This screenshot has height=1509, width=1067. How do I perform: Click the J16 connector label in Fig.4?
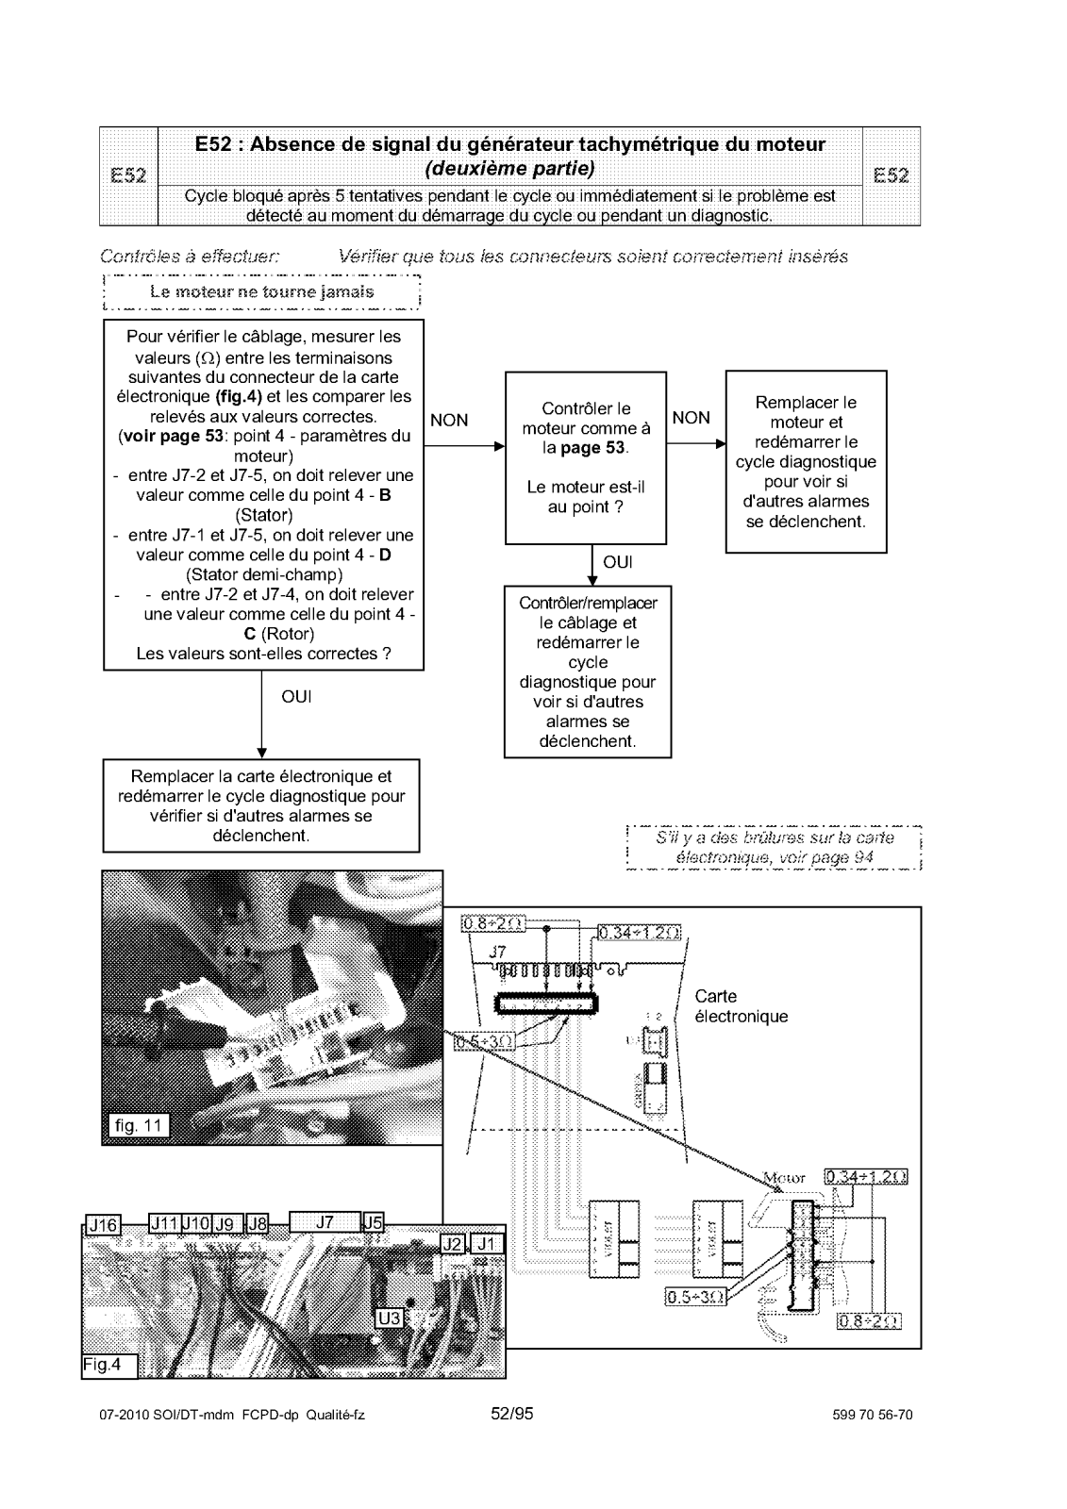[x=101, y=1225]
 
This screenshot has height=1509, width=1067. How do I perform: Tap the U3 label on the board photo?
[x=389, y=1317]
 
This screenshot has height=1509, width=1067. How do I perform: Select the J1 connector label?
[x=487, y=1244]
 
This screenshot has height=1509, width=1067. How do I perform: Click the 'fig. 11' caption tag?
[x=135, y=1125]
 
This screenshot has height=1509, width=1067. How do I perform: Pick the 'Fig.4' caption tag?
[x=109, y=1365]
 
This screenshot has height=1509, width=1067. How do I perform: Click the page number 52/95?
[x=512, y=1414]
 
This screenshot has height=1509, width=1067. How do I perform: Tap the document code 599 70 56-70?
[x=874, y=1415]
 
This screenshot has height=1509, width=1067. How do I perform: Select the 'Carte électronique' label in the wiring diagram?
[x=741, y=1006]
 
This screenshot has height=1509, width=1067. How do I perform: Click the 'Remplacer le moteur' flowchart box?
[x=806, y=461]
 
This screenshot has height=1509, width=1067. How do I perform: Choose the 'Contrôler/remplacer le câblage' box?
[x=587, y=672]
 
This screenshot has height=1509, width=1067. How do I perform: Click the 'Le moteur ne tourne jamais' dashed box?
[x=261, y=291]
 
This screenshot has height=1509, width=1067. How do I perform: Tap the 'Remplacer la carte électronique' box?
[x=261, y=805]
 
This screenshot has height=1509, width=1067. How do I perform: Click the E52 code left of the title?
[x=128, y=175]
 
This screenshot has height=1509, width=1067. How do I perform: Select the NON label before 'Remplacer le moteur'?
[x=692, y=418]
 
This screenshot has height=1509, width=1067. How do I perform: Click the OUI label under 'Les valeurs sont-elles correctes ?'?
[x=296, y=697]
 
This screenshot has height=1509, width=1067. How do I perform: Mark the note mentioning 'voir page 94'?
[x=774, y=847]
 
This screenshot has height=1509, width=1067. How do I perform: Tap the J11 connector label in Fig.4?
[x=165, y=1223]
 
